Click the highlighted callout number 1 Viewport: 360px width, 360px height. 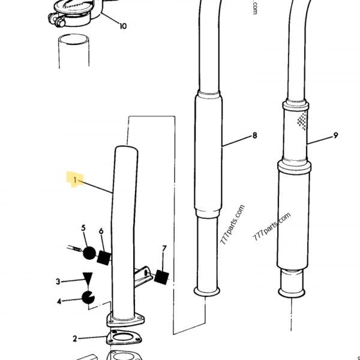(75, 180)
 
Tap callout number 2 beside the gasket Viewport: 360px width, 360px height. (74, 338)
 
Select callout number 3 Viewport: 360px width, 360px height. (58, 281)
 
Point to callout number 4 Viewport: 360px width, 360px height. (59, 301)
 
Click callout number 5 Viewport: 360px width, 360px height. (83, 228)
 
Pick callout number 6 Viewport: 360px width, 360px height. (101, 231)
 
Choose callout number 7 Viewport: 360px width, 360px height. (164, 248)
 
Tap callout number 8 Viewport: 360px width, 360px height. (254, 136)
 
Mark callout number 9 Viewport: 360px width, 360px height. (335, 136)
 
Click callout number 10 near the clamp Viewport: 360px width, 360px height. (123, 26)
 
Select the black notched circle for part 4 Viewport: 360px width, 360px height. (88, 297)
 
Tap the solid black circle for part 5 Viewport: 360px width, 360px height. (89, 253)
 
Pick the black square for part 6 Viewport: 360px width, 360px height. (104, 258)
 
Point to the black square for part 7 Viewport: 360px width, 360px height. (161, 277)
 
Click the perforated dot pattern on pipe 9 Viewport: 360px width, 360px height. (302, 121)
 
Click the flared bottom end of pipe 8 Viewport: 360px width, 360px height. (207, 292)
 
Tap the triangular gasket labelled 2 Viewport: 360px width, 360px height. (124, 337)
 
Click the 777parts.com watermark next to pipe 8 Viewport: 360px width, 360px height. (232, 224)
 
